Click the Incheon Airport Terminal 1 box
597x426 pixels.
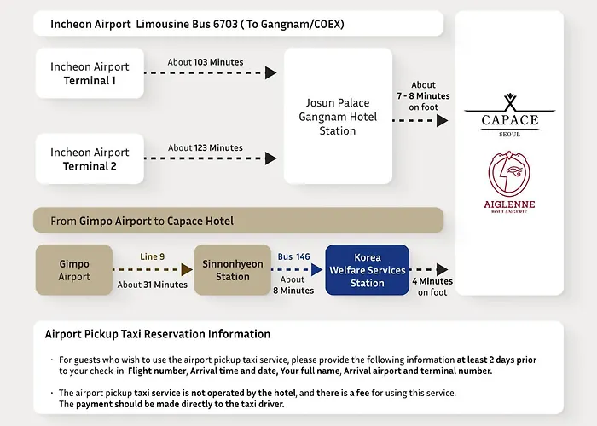pyautogui.click(x=90, y=73)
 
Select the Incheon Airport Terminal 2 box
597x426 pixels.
pyautogui.click(x=90, y=158)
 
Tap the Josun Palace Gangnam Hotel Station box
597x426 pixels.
pyautogui.click(x=338, y=116)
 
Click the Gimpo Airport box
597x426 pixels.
pyautogui.click(x=74, y=270)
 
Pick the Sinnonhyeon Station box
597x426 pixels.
pyautogui.click(x=233, y=270)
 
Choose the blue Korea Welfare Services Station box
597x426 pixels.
pyautogui.click(x=368, y=270)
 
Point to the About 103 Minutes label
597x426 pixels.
pyautogui.click(x=206, y=62)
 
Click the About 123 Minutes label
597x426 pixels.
pyautogui.click(x=206, y=147)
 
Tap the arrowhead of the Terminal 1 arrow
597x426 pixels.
pyautogui.click(x=270, y=72)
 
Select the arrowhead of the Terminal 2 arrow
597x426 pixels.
pyautogui.click(x=270, y=158)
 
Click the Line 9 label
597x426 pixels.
pyautogui.click(x=153, y=256)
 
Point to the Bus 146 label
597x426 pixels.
pyautogui.click(x=293, y=256)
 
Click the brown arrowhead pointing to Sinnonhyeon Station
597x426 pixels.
pyautogui.click(x=187, y=270)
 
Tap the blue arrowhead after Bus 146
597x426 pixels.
pyautogui.click(x=316, y=270)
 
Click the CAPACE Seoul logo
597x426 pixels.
pyautogui.click(x=509, y=115)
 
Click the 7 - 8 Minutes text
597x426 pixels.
pyautogui.click(x=423, y=95)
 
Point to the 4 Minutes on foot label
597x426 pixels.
pyautogui.click(x=432, y=286)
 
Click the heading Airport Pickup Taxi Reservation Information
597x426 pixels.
pyautogui.click(x=158, y=334)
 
